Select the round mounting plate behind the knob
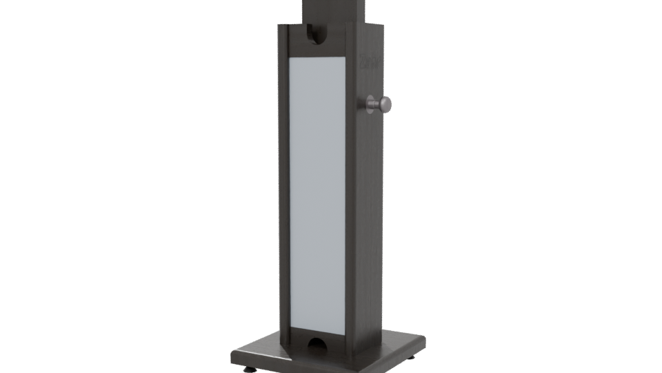(x=364, y=104)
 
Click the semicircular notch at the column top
(x=317, y=32)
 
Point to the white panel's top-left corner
(x=288, y=57)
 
